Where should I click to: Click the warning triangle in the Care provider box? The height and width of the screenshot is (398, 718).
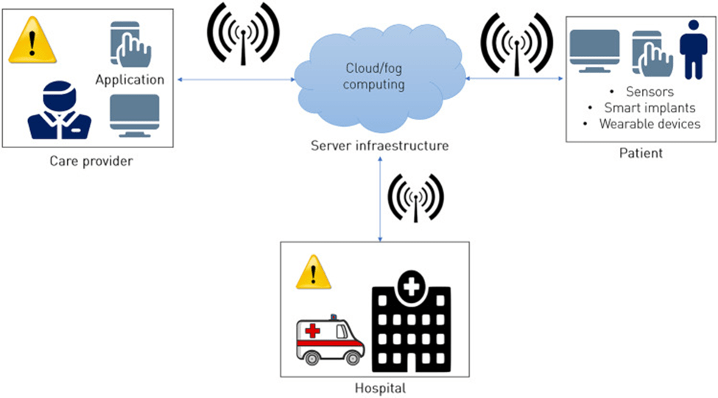point(32,41)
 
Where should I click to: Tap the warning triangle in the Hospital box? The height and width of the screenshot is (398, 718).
point(314,273)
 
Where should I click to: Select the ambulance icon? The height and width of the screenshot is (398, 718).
point(329,341)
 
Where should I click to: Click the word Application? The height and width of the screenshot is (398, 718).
point(130,80)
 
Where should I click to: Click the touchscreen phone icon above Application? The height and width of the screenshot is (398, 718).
point(130,44)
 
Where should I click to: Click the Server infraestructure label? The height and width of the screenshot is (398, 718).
point(379,146)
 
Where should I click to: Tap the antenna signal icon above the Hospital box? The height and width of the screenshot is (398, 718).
point(415,198)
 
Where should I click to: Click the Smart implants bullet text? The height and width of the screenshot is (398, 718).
point(649,108)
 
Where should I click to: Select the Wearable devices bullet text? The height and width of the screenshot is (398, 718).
point(649,123)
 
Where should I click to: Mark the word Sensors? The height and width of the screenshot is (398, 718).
point(649,92)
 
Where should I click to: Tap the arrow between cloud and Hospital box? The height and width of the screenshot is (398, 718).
point(380,199)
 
